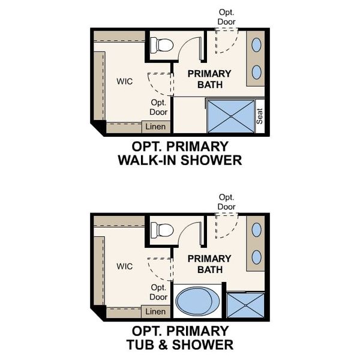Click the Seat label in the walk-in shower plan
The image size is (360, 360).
[x=260, y=116]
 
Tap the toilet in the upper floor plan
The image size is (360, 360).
[x=162, y=44]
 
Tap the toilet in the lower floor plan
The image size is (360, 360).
[x=162, y=230]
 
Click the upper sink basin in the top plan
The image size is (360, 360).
[x=256, y=44]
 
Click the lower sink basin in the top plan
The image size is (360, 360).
[x=256, y=72]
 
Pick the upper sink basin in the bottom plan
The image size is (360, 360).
[x=256, y=229]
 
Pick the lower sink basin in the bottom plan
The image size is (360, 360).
[x=256, y=257]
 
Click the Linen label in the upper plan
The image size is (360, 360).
[x=155, y=127]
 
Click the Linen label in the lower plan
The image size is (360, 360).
[x=155, y=311]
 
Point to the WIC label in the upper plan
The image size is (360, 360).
[x=125, y=81]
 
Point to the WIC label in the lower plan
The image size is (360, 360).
[x=125, y=266]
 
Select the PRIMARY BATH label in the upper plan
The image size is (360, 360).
[x=209, y=79]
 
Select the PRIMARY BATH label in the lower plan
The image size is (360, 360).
[x=209, y=264]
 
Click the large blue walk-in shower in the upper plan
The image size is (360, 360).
[x=231, y=116]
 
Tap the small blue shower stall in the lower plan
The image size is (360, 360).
[x=245, y=304]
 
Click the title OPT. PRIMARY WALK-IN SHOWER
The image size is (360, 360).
[x=179, y=153]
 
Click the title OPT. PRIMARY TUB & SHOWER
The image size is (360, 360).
[x=179, y=338]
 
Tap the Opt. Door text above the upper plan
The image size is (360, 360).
[x=227, y=17]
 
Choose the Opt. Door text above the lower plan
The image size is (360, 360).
[x=227, y=202]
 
